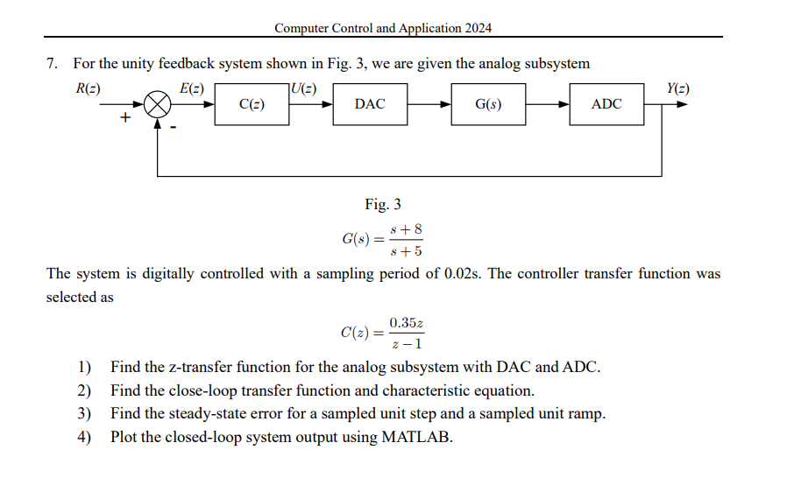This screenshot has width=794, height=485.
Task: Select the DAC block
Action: tap(370, 104)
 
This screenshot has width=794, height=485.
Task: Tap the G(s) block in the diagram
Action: tap(488, 104)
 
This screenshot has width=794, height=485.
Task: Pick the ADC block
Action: tap(606, 104)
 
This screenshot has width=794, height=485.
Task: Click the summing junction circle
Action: tap(157, 104)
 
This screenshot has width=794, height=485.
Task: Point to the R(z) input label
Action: tap(89, 88)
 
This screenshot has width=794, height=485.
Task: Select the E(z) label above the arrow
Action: tap(191, 88)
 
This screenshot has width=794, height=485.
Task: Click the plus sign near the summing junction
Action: tap(124, 118)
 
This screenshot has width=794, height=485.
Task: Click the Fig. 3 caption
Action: tap(383, 205)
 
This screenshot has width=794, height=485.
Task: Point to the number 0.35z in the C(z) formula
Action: tap(407, 323)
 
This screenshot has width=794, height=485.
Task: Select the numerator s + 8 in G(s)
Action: tap(407, 229)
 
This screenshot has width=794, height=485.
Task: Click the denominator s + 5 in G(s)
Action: tap(407, 251)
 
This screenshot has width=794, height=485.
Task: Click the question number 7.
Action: tap(53, 64)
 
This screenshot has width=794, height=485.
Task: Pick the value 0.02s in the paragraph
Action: tap(461, 274)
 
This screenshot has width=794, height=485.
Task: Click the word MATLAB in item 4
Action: tap(416, 437)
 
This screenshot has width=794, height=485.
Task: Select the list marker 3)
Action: tap(85, 414)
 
